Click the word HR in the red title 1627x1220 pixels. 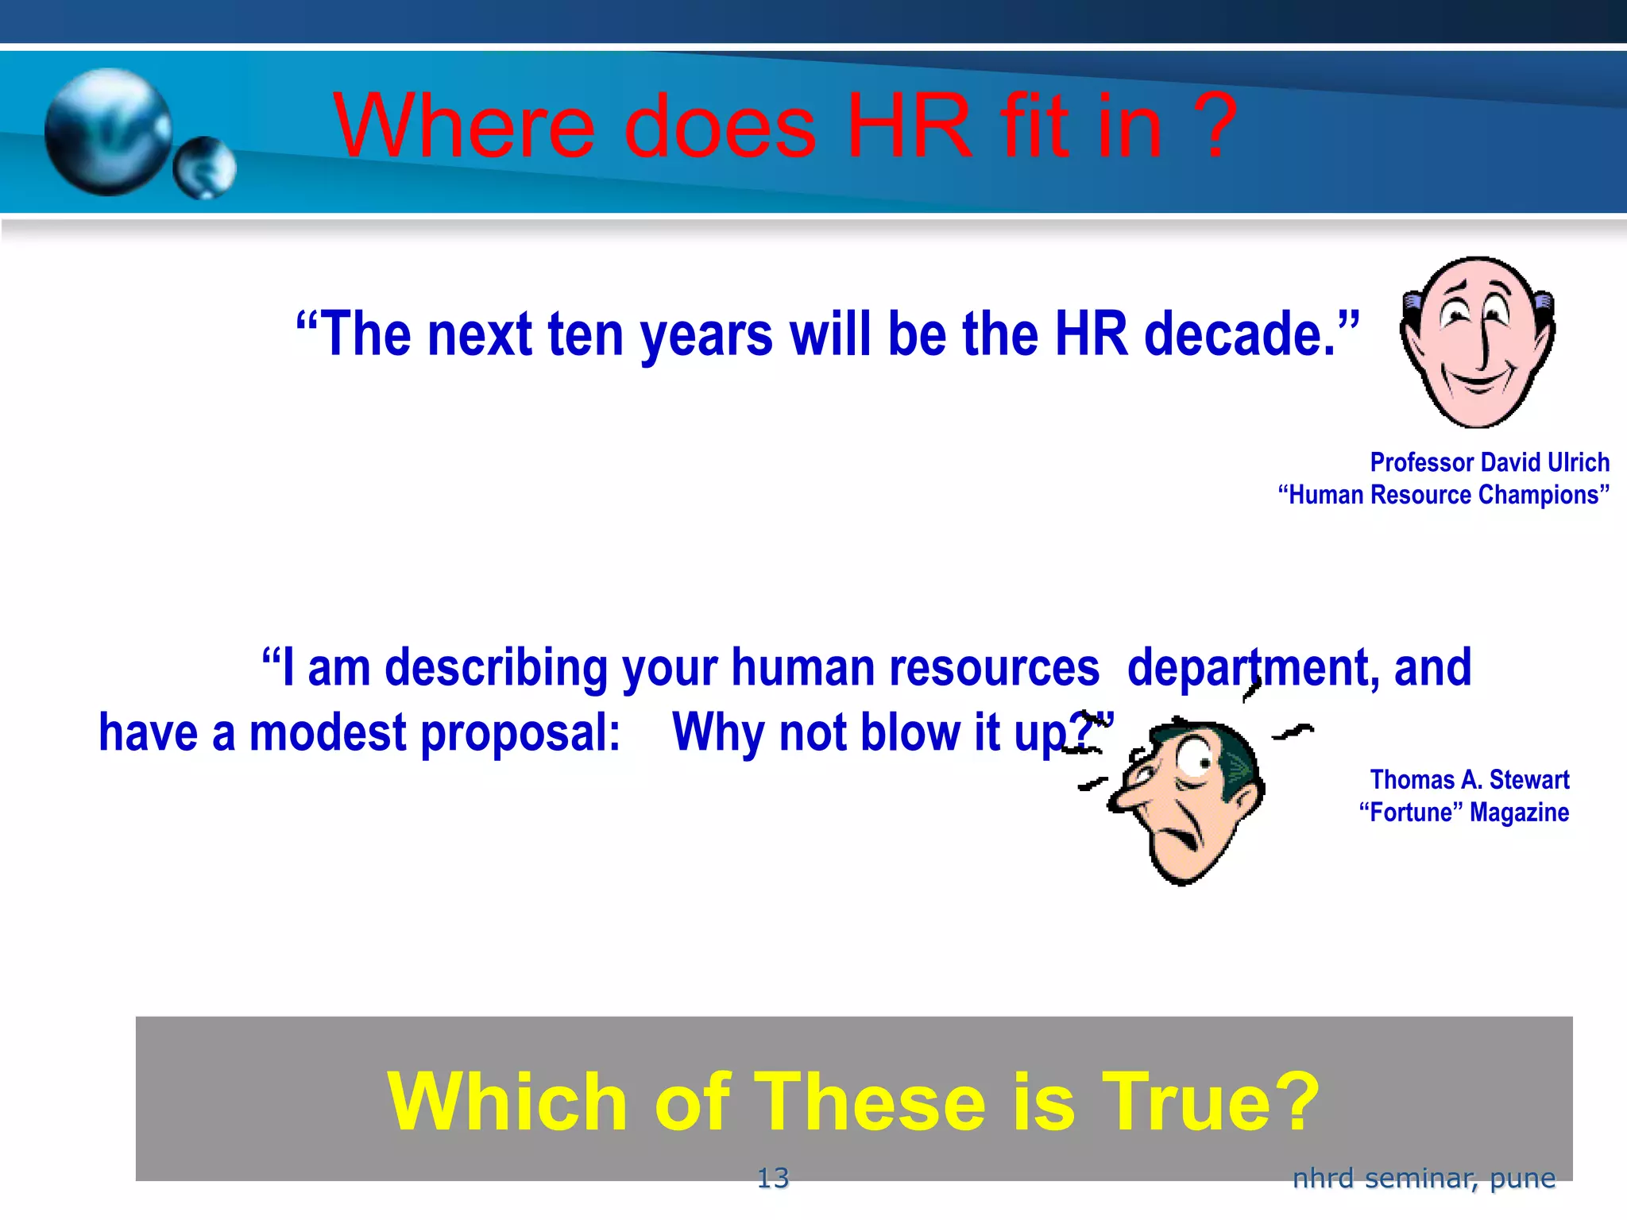909,125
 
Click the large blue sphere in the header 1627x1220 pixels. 108,131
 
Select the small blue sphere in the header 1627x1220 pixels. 205,168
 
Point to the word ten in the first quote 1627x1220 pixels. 585,334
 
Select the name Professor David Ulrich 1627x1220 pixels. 1489,462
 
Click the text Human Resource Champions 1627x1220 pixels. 1443,495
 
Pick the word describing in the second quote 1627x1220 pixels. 496,669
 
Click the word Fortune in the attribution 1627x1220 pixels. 1411,813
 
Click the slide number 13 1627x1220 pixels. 772,1178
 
